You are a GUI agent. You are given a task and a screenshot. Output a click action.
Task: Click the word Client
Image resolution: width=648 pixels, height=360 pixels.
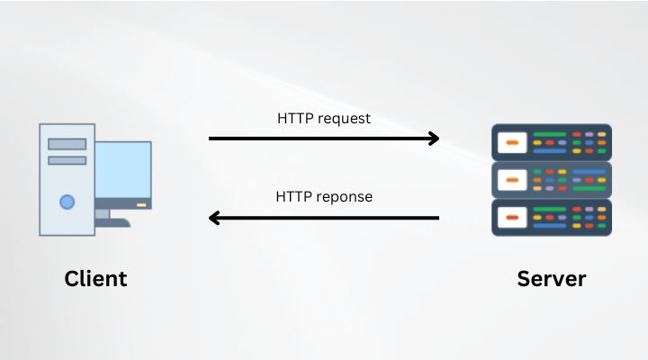[95, 278]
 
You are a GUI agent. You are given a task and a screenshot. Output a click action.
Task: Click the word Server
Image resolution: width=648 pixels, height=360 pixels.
[551, 278]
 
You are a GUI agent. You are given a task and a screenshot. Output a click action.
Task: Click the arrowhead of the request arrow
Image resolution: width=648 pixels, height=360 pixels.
[435, 139]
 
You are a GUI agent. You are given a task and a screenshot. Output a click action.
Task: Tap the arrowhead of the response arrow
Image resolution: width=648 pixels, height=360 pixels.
[214, 218]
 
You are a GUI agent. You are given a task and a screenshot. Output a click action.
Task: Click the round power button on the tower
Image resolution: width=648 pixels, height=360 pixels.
[67, 202]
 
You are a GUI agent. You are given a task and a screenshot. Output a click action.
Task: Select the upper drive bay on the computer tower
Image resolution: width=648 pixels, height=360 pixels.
[67, 144]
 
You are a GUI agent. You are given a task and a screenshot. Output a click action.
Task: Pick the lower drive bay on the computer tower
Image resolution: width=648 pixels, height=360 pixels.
[67, 160]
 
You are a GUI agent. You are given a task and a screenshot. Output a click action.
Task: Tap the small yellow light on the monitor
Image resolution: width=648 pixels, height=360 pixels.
[140, 205]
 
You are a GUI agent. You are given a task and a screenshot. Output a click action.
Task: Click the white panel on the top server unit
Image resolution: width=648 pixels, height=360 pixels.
[511, 142]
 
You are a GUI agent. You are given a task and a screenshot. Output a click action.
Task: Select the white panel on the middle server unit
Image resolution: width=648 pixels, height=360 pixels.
[511, 180]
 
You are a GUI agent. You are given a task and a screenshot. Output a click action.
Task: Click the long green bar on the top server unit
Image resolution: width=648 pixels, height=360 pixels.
[550, 134]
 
